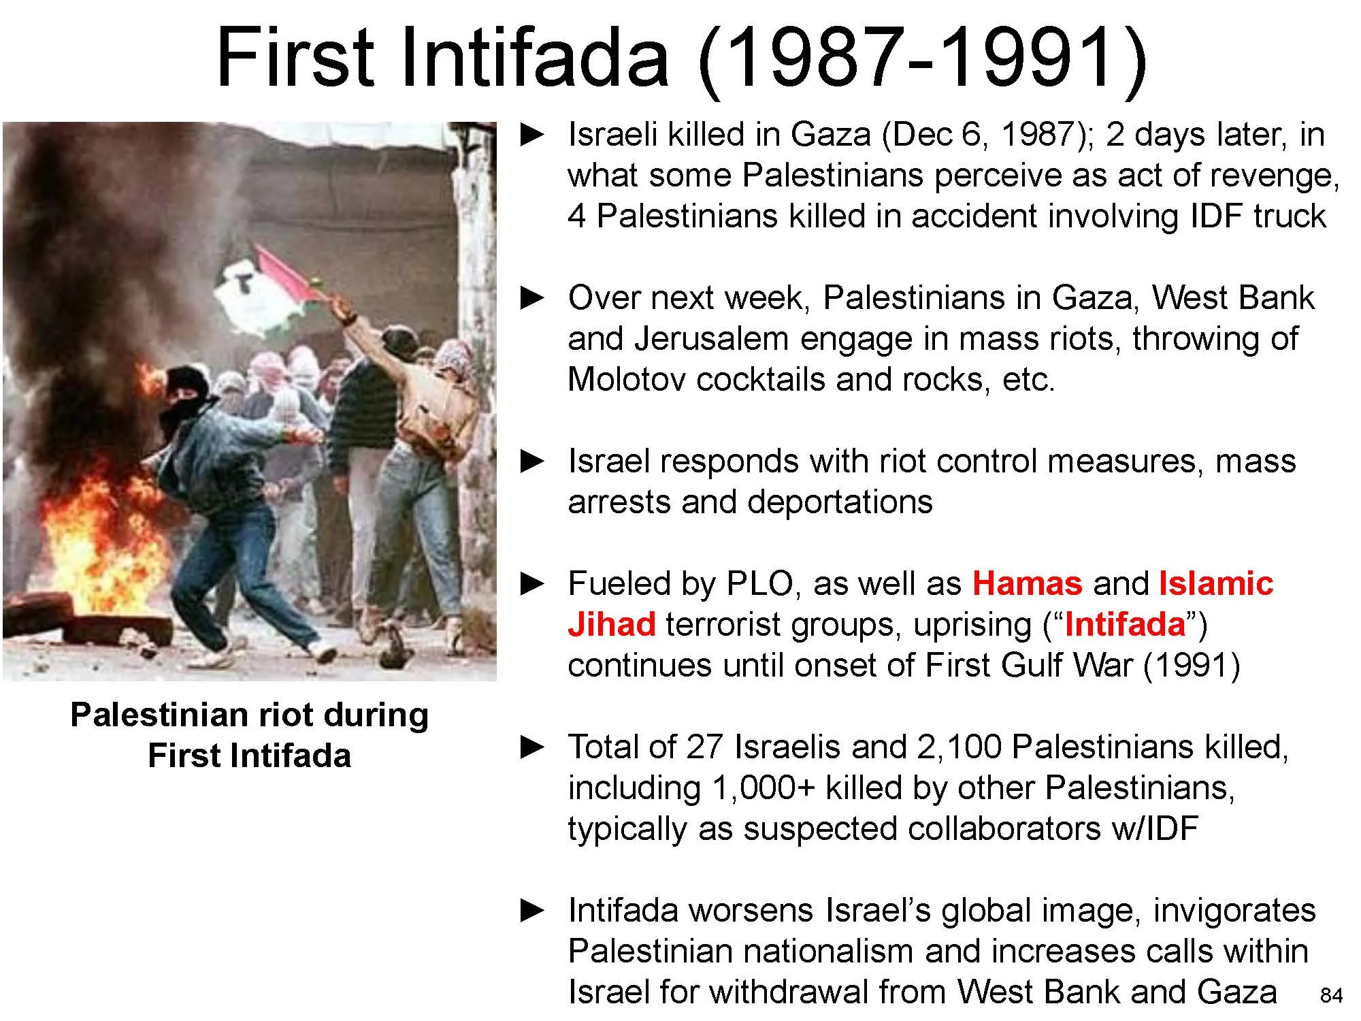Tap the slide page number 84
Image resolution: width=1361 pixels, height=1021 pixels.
click(x=1331, y=996)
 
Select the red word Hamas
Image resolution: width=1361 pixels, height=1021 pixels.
click(x=1027, y=583)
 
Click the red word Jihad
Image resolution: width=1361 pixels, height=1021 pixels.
click(x=611, y=624)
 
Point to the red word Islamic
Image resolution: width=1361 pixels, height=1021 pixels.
click(x=1215, y=583)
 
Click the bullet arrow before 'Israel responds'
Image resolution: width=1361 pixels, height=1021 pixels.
click(x=533, y=461)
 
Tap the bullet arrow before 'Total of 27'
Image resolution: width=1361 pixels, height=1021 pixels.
click(x=533, y=747)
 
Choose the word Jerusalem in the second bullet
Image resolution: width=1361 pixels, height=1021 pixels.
click(x=711, y=339)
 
